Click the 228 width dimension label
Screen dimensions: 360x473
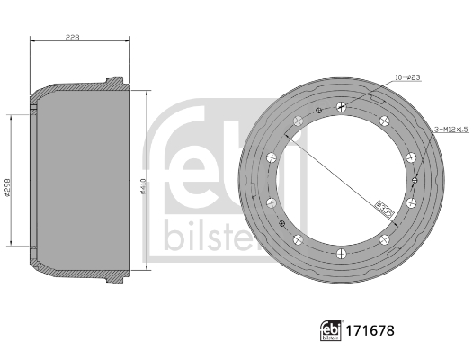pos(74,36)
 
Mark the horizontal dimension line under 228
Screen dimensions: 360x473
pos(81,42)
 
